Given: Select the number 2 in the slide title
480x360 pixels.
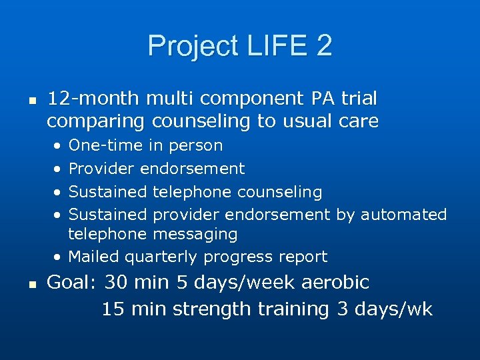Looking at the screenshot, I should tap(323, 46).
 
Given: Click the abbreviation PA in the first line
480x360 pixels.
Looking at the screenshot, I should tap(323, 99).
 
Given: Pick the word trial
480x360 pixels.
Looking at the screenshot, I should tap(359, 99).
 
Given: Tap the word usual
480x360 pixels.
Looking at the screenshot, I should tap(310, 121).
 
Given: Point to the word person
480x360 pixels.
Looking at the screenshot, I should tap(196, 145).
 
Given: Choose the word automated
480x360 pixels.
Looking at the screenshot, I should tap(403, 215).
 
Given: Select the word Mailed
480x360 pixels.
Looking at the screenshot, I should tap(94, 257).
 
